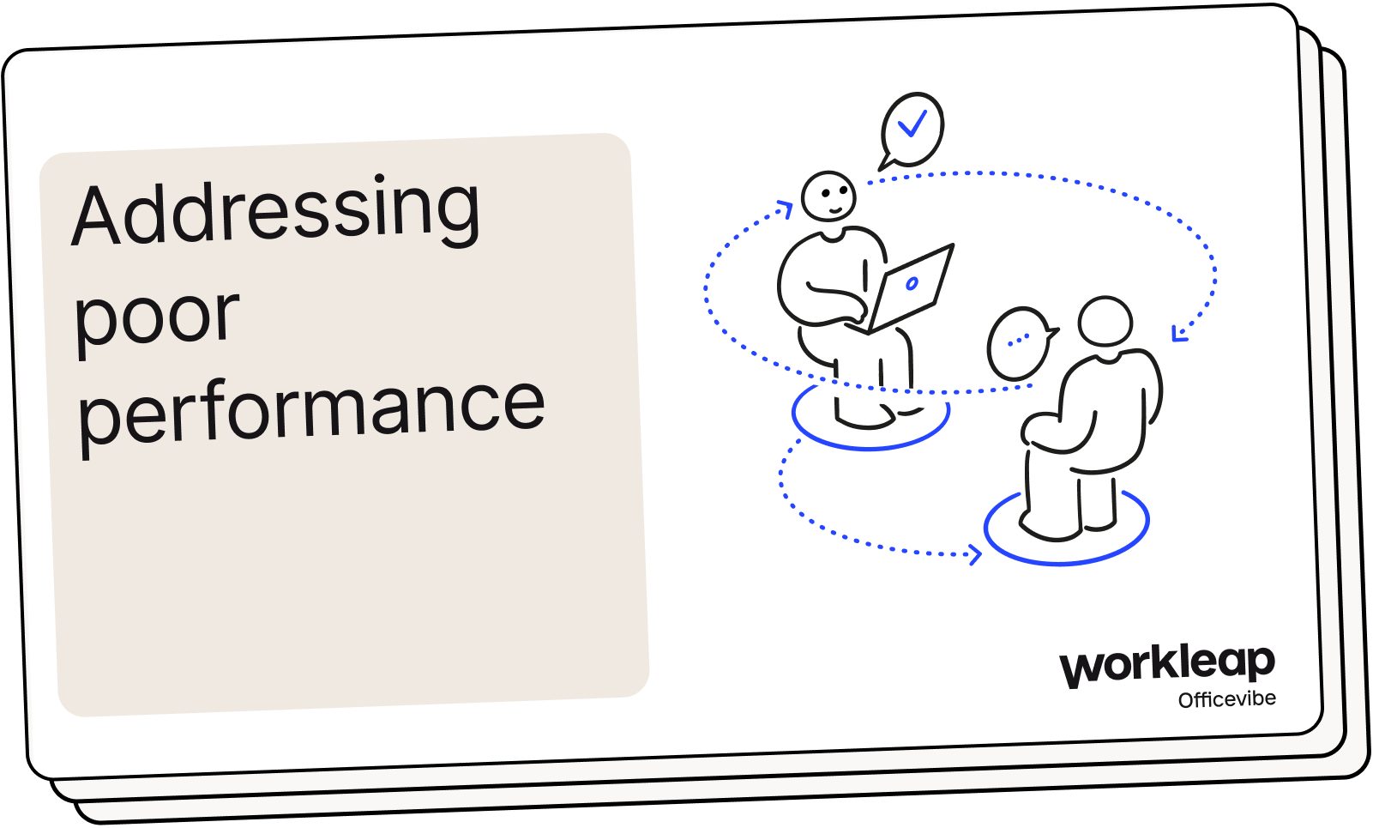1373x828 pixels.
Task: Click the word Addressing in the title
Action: tap(276, 211)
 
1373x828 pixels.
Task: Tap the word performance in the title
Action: tap(310, 408)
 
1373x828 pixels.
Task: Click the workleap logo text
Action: tap(1167, 664)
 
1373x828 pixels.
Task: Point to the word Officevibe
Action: tap(1226, 699)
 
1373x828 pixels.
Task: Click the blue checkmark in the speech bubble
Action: tap(912, 124)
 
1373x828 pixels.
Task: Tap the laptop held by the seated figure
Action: tap(911, 288)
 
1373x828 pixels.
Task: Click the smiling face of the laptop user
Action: tap(828, 196)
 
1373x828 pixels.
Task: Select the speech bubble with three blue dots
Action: tap(1019, 342)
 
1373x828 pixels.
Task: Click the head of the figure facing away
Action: tap(1105, 322)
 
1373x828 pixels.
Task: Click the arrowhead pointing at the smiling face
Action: tap(785, 209)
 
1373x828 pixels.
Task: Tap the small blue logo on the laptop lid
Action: tap(912, 283)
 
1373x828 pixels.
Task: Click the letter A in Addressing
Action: tap(96, 215)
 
